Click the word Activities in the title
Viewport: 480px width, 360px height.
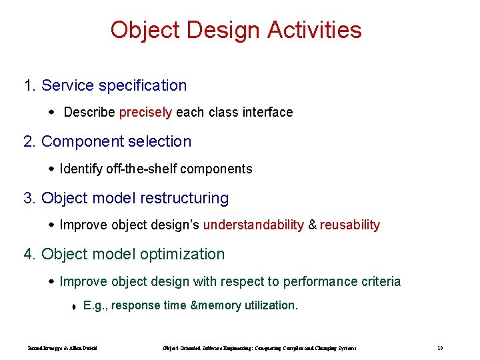coord(315,30)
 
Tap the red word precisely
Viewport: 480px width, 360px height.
coord(145,112)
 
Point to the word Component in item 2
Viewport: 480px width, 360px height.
coord(82,141)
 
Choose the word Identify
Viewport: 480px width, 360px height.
coord(81,169)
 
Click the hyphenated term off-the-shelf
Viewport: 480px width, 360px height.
coord(142,169)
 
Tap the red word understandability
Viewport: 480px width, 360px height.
coord(253,225)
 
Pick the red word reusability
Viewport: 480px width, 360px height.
coord(350,225)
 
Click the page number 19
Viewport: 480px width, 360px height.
coord(440,348)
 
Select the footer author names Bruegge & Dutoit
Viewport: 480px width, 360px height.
coord(63,348)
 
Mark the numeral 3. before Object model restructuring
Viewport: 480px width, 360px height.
coord(30,198)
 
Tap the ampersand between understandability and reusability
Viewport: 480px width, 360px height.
coord(311,225)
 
